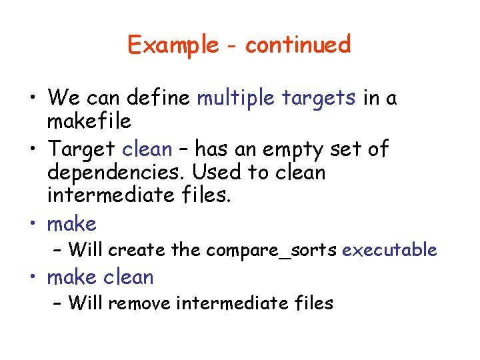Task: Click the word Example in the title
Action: (173, 45)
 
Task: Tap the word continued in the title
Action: (297, 45)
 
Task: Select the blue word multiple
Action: (237, 98)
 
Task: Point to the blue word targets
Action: (319, 99)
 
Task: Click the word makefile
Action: (89, 121)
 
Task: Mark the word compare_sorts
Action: (271, 250)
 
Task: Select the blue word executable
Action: (389, 250)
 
